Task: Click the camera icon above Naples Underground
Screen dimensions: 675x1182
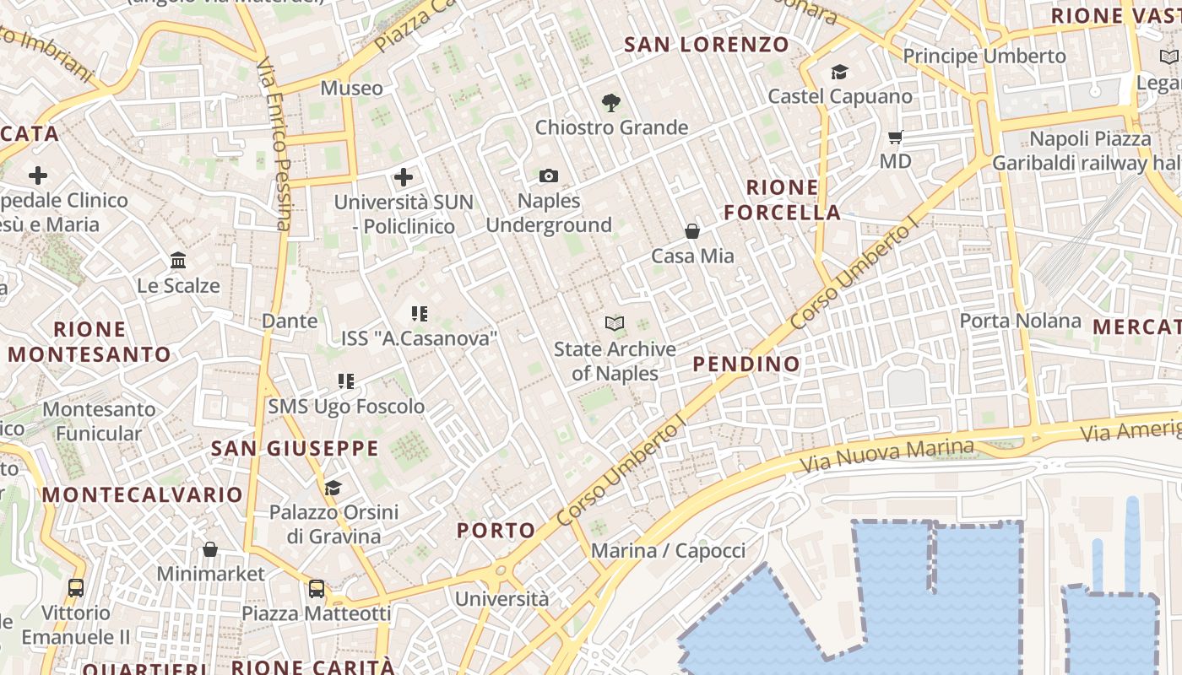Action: click(549, 176)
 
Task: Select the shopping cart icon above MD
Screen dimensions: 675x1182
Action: click(896, 137)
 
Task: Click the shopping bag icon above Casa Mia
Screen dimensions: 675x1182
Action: click(692, 231)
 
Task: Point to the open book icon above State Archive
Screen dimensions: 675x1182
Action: click(615, 324)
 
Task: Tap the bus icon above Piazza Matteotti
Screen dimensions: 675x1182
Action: click(317, 588)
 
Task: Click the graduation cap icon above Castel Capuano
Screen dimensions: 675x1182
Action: click(839, 73)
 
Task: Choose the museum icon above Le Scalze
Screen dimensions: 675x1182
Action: click(178, 261)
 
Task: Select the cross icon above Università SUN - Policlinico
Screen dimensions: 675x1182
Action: click(404, 177)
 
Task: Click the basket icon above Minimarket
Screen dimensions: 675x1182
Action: click(210, 550)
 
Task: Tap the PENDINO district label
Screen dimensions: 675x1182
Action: click(746, 364)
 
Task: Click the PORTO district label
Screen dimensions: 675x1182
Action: click(496, 531)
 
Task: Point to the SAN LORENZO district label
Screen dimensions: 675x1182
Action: click(707, 45)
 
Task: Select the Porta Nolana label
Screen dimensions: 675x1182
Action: click(1020, 321)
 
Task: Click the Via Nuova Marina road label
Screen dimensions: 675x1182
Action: click(886, 456)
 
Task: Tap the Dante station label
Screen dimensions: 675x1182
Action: click(290, 321)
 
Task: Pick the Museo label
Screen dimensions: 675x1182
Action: click(351, 89)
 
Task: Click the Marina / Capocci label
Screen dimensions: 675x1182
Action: click(668, 551)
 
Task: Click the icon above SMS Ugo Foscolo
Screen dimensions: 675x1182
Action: click(345, 381)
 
